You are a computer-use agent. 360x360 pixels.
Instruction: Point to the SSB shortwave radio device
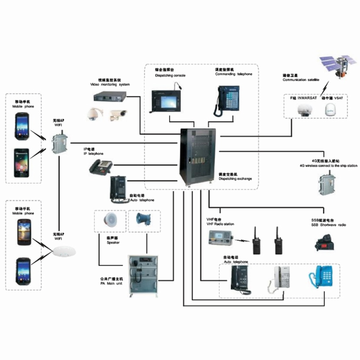pos(325,243)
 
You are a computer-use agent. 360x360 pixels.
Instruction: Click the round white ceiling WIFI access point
pos(63,253)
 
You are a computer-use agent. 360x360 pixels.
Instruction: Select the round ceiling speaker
pos(109,220)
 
